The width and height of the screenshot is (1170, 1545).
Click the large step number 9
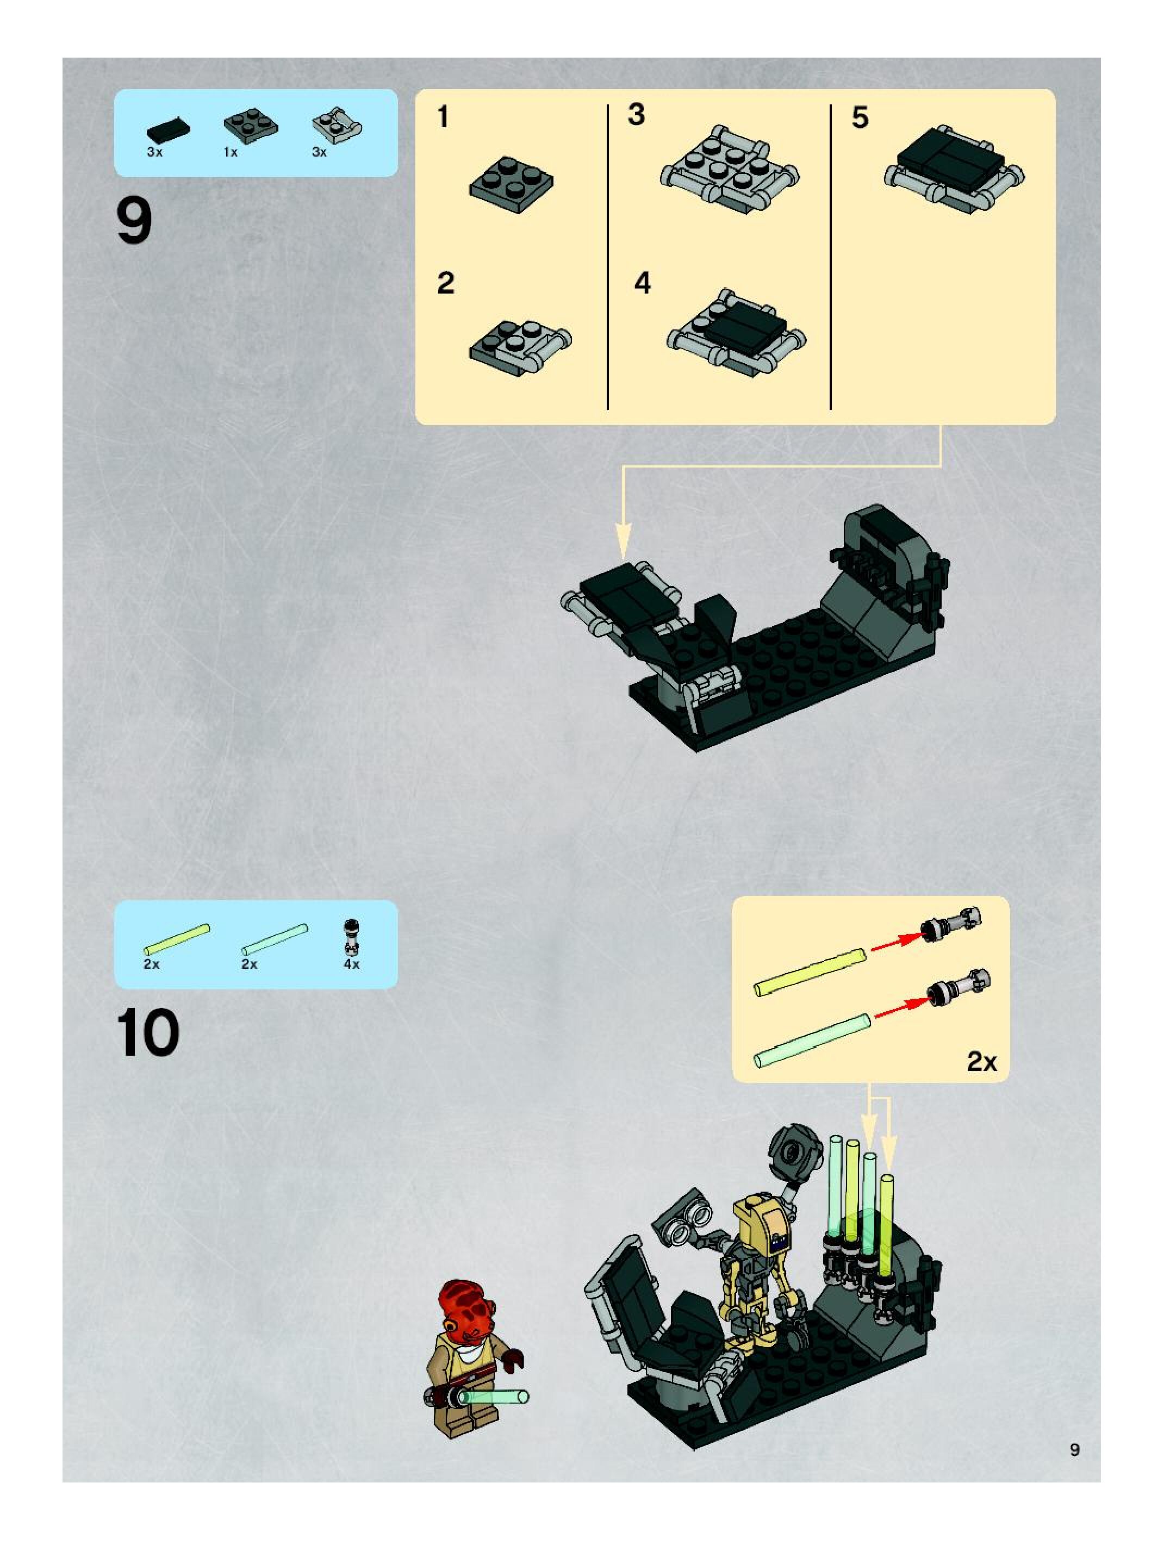coord(134,221)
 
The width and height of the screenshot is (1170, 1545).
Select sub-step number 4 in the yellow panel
coord(643,283)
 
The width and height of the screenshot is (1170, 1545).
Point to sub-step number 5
coord(860,117)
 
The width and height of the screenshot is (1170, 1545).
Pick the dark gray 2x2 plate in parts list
coord(250,125)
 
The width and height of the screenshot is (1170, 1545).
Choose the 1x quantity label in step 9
coord(231,152)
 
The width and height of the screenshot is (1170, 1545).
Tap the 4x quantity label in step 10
coord(351,964)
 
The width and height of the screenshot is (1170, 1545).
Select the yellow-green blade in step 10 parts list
coord(177,939)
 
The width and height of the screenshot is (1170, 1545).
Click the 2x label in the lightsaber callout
coord(981,1062)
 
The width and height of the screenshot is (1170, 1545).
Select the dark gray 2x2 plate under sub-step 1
coord(511,185)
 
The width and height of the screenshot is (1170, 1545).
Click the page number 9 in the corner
coord(1074,1449)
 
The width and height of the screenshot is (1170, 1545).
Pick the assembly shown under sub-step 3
coord(730,169)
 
